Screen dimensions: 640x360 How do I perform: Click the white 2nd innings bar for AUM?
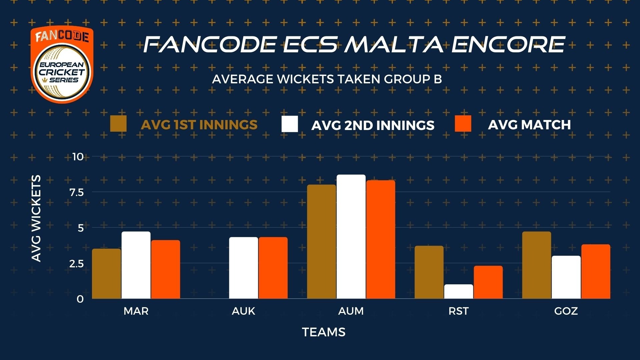[351, 237]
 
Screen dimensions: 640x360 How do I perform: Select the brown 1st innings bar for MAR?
[107, 274]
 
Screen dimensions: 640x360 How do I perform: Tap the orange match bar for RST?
[488, 282]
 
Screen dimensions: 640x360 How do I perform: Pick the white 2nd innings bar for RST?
[459, 292]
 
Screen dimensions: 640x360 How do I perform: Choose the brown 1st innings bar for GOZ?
[537, 265]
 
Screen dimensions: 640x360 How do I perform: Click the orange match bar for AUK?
[273, 268]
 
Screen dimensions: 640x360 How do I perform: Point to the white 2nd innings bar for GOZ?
[566, 277]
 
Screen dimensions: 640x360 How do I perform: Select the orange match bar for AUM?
[381, 239]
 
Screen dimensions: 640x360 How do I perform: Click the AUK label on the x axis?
[244, 311]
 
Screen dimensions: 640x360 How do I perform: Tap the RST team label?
[459, 311]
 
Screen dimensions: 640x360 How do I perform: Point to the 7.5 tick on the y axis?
[76, 192]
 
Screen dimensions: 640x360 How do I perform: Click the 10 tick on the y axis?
[78, 157]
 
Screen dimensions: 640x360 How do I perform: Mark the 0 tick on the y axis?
[80, 299]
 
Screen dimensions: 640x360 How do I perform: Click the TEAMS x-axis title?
[324, 332]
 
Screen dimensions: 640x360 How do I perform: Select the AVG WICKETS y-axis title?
[36, 219]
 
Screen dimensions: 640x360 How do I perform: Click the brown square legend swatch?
[118, 124]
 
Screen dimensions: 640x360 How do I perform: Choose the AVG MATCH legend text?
[529, 125]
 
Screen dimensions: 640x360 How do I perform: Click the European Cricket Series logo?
[62, 65]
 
